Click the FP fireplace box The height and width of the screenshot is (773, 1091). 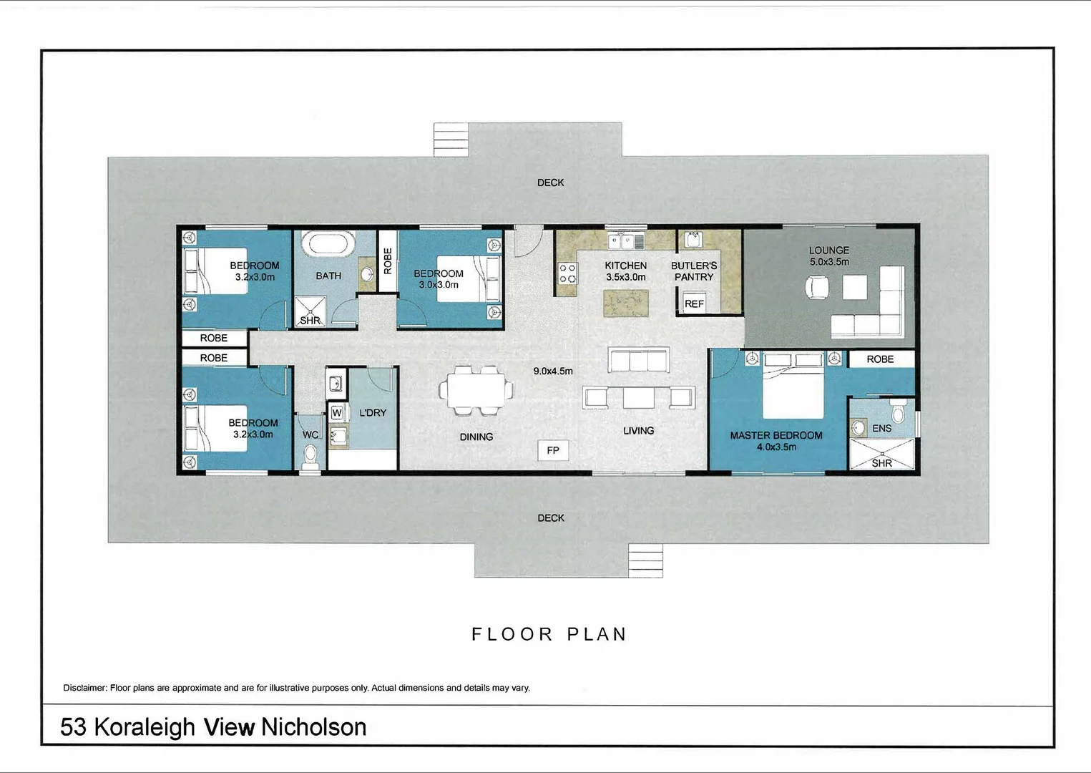point(553,450)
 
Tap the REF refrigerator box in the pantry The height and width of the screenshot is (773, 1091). point(693,303)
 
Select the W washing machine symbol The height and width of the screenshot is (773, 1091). point(336,413)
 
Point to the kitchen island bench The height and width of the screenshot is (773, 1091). point(626,303)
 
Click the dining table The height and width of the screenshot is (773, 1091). point(476,391)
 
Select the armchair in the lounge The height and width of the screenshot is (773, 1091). point(817,288)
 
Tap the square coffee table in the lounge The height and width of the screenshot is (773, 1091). point(854,288)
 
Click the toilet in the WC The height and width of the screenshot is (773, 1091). point(310,455)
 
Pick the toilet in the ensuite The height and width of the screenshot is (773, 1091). point(899,413)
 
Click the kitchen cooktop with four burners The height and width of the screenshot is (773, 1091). point(567,273)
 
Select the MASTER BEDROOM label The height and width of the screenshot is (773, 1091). point(776,435)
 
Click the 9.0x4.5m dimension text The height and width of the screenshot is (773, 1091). point(553,371)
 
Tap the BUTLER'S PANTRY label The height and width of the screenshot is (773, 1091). point(694,271)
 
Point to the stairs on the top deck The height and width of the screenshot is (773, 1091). point(451,140)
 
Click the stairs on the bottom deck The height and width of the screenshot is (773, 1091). point(645,560)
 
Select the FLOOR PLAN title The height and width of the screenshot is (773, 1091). point(549,634)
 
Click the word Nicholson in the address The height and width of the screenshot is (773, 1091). point(313,727)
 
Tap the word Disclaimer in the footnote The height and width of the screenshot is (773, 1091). point(84,688)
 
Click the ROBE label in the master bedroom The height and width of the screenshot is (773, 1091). point(880,359)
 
